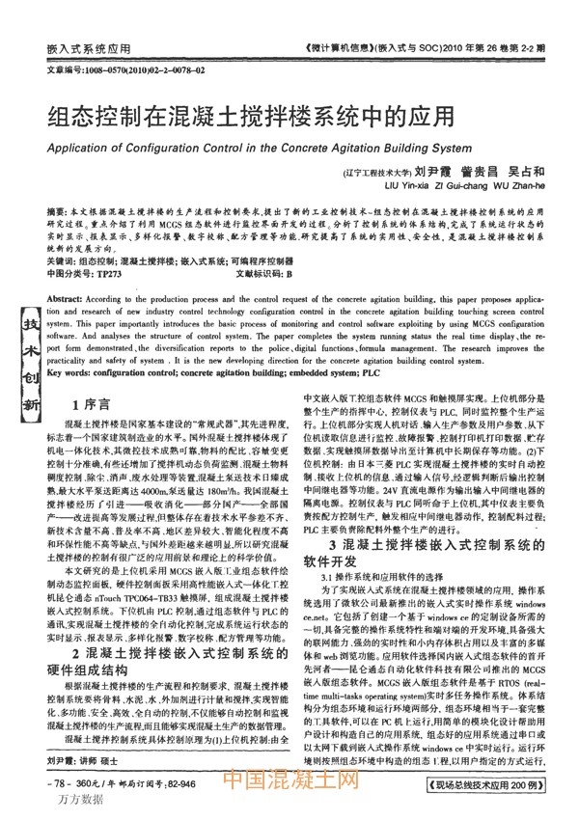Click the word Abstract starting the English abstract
65,300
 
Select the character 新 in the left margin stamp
31,403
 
